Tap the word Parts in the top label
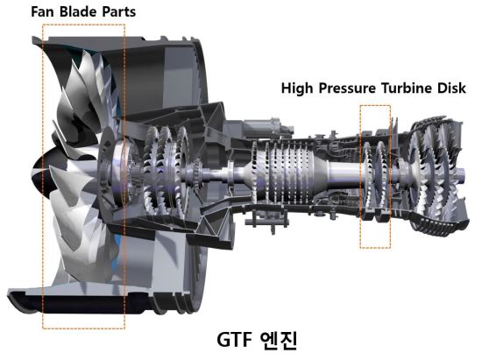pos(118,12)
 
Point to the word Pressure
pos(347,88)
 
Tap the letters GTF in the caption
pos(234,340)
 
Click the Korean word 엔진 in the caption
pos(278,340)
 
